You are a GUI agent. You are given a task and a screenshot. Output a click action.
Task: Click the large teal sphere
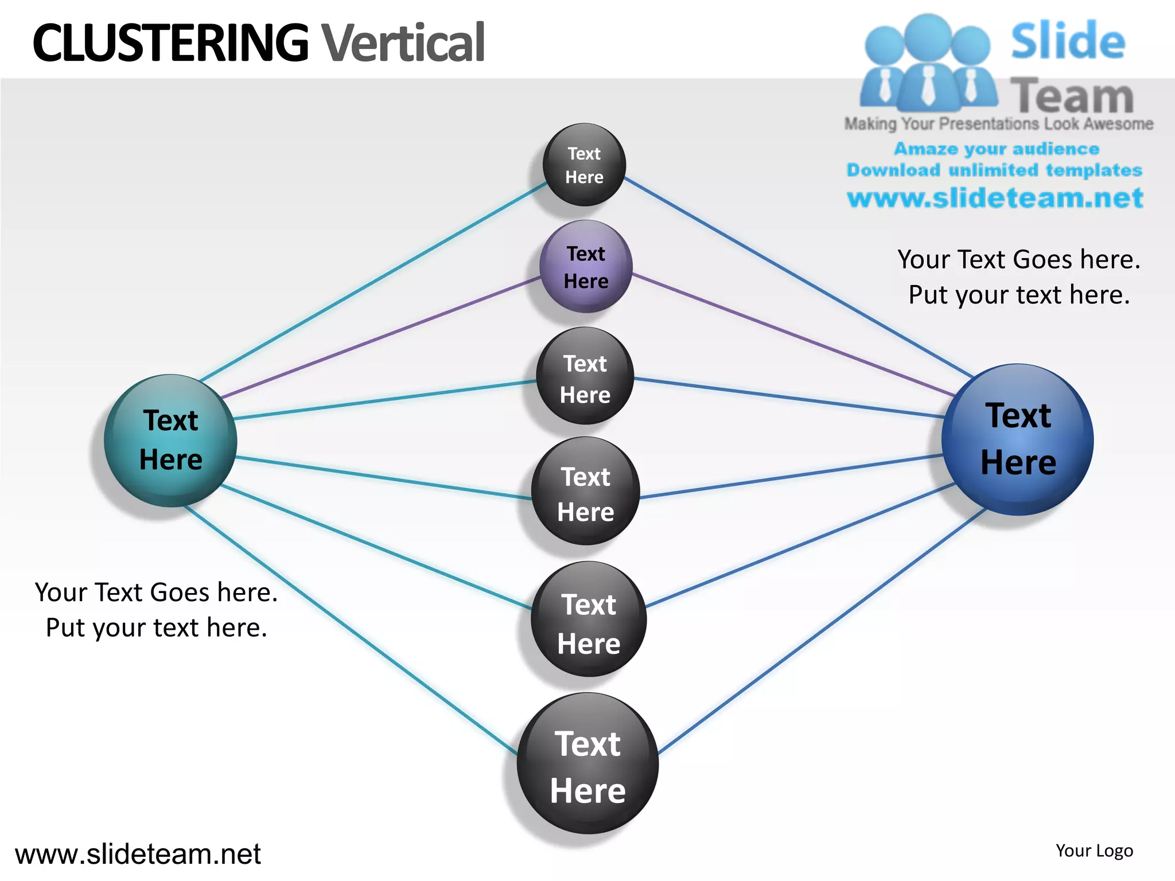click(x=170, y=440)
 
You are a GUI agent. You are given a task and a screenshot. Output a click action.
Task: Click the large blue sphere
click(x=1017, y=440)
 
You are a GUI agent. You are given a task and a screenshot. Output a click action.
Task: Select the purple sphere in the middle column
click(x=586, y=267)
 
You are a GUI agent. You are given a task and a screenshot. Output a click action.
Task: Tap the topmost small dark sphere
click(x=584, y=165)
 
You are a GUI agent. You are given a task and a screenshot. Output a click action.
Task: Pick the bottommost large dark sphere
click(x=587, y=764)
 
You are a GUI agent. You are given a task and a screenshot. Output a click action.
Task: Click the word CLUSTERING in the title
click(x=170, y=43)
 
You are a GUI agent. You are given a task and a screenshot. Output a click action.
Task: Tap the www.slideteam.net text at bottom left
click(x=138, y=854)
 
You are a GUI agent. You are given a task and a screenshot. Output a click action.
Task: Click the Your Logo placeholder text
click(x=1094, y=851)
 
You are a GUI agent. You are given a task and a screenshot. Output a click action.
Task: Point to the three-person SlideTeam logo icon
click(x=928, y=63)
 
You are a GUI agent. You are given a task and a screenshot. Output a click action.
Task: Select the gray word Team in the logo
click(x=1072, y=96)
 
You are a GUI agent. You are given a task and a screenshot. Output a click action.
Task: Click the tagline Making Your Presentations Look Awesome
click(x=998, y=124)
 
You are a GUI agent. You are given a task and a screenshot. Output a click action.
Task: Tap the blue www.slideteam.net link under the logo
click(x=995, y=198)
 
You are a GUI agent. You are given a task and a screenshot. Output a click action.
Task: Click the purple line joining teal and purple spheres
click(x=379, y=338)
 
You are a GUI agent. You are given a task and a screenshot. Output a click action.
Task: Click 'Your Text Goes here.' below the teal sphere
click(x=156, y=592)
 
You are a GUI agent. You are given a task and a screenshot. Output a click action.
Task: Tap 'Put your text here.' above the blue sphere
click(x=1019, y=295)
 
